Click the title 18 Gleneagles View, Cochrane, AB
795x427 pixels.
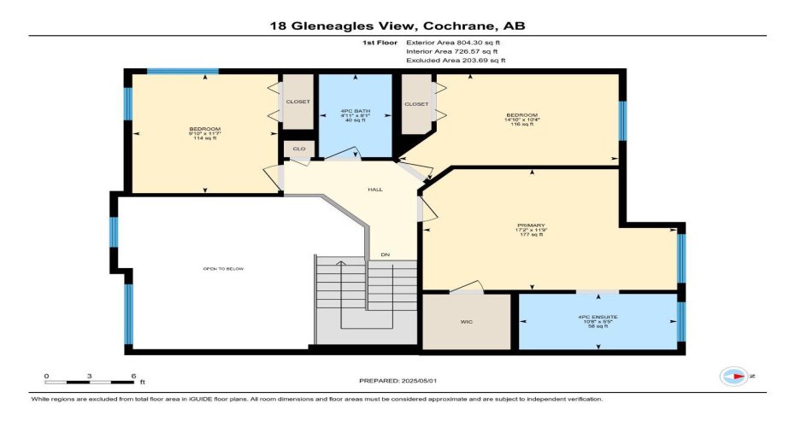tap(397, 26)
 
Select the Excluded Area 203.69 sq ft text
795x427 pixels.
tap(456, 61)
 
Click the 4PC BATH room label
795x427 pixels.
tap(355, 115)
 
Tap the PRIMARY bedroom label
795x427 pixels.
tap(530, 230)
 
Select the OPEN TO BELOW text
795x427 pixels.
tap(223, 269)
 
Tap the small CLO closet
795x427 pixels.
tap(298, 149)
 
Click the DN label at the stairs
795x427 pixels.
tap(386, 255)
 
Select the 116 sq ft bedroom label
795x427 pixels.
tap(521, 120)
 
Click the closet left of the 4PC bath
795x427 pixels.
tap(298, 102)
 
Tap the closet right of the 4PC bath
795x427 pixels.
tap(416, 103)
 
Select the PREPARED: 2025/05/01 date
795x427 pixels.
tap(397, 379)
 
